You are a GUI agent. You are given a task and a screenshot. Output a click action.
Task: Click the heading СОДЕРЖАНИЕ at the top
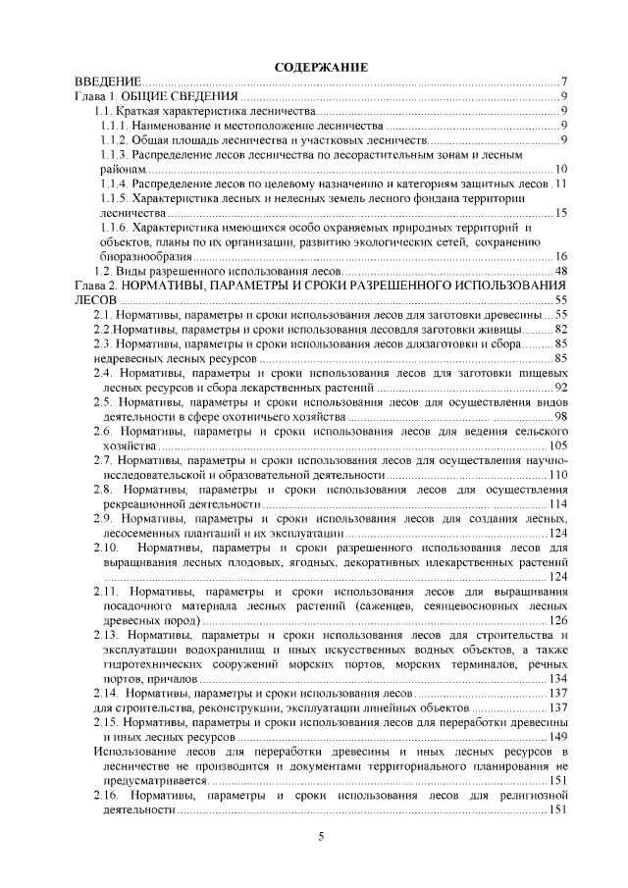pos(321,68)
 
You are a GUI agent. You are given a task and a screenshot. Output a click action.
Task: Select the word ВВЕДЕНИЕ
pos(110,81)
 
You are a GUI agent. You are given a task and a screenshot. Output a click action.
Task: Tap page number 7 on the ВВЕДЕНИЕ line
pos(565,81)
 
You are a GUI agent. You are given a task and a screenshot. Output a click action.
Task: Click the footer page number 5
pos(321,836)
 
